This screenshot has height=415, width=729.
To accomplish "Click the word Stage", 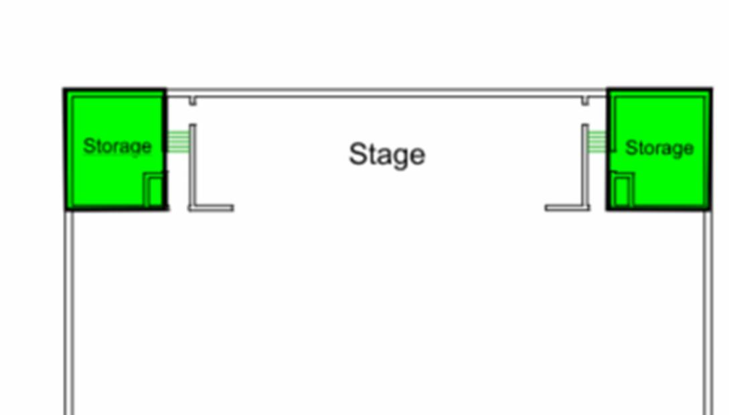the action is tap(387, 155).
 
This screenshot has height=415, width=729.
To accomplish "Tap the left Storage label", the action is tap(117, 146).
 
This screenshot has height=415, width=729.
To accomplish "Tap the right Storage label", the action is tap(659, 148).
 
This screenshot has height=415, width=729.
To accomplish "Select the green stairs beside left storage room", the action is tap(178, 142).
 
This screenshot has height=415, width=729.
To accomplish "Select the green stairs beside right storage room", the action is tap(596, 142).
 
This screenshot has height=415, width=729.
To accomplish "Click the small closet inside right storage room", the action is tap(623, 190).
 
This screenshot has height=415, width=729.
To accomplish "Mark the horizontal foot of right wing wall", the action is tap(566, 208).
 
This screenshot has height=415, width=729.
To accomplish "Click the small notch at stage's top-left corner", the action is tap(193, 101).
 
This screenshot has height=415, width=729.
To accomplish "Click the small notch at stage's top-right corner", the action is tap(585, 101).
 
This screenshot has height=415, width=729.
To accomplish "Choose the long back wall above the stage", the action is tap(387, 93).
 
